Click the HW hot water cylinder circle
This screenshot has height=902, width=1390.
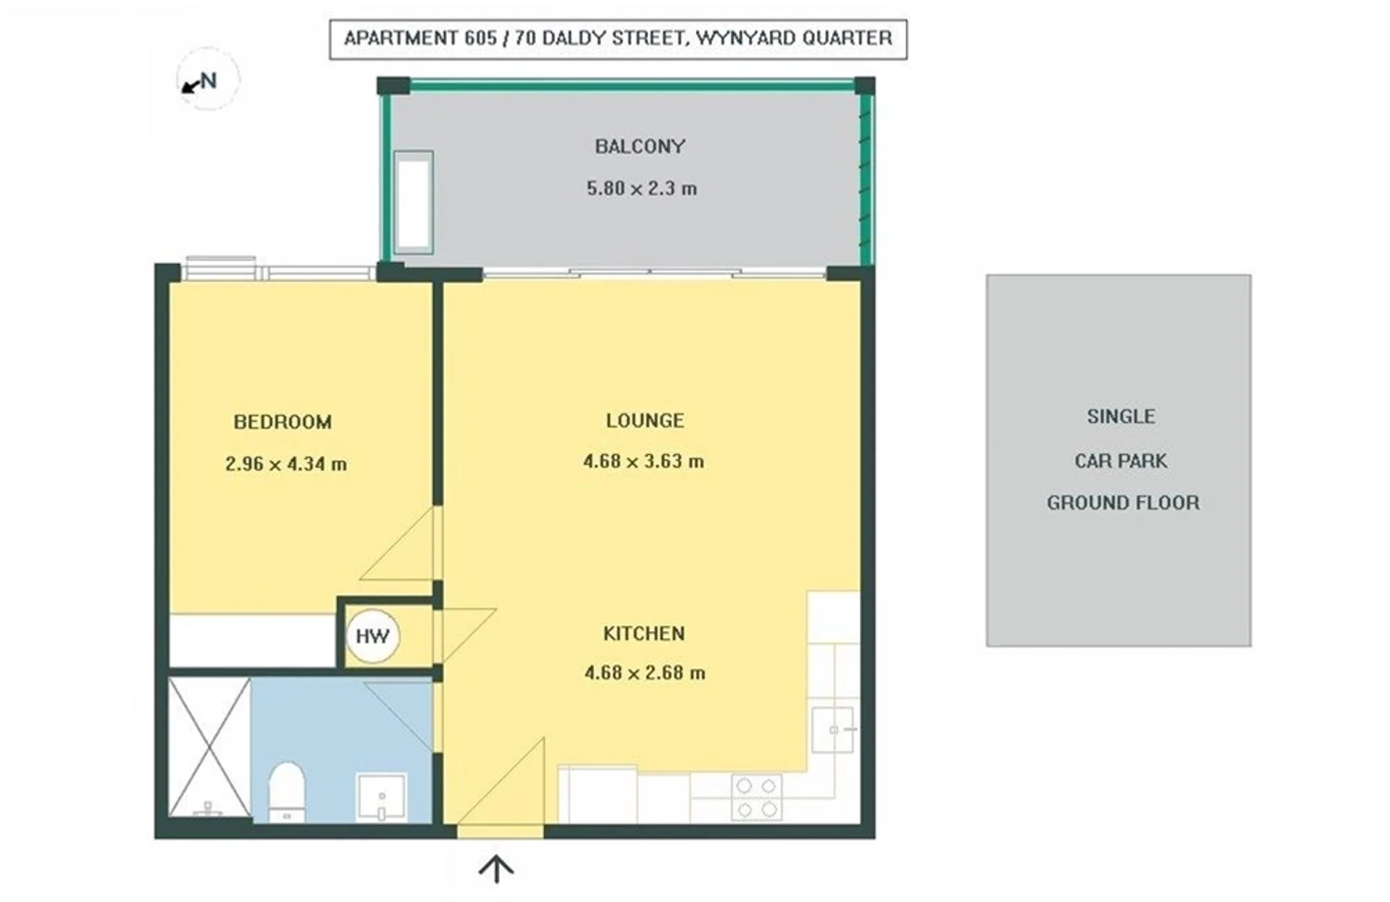(372, 636)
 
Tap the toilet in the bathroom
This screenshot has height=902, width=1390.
(286, 792)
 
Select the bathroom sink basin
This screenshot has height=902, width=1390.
(382, 797)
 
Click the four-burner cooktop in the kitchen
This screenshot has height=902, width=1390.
(756, 797)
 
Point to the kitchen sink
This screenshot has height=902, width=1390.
(832, 730)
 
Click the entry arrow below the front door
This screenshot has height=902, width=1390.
(496, 869)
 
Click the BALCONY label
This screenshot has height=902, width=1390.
(640, 146)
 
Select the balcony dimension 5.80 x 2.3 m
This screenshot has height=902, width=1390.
(641, 188)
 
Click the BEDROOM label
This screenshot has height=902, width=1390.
(282, 422)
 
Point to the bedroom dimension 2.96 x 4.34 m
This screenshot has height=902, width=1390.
(285, 464)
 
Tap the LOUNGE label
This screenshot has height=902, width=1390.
(645, 420)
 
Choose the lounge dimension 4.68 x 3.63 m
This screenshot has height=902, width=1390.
(643, 461)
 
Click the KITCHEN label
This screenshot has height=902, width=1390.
(644, 633)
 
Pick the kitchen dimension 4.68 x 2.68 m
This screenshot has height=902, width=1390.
(645, 672)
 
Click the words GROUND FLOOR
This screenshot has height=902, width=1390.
(1123, 502)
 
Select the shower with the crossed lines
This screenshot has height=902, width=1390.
(209, 747)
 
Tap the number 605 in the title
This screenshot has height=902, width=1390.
(480, 38)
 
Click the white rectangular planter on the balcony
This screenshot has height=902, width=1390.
(414, 203)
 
